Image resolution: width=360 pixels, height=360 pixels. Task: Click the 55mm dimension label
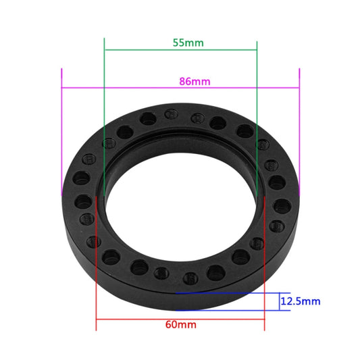188,42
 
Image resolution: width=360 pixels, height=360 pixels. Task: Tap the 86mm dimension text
194,82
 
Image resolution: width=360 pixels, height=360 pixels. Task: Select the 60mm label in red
180,324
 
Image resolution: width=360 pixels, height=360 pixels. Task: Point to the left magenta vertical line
61,135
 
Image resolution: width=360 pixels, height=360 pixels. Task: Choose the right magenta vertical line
299,135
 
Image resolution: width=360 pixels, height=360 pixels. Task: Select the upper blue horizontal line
230,294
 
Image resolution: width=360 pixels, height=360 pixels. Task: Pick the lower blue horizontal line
230,310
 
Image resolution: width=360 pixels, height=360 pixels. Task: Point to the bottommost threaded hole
192,277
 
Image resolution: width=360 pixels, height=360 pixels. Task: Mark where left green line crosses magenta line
105,87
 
